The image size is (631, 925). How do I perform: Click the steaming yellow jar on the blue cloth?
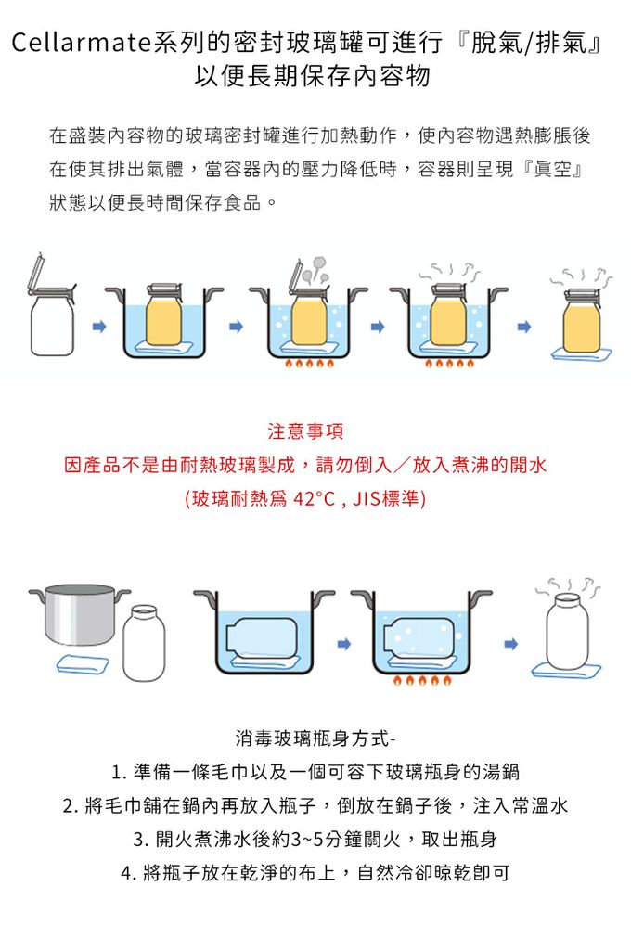coord(581,320)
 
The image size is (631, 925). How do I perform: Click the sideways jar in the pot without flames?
coord(264,636)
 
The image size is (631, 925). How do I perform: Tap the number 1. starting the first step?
coord(118,773)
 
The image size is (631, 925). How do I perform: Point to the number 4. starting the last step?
coord(127,873)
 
